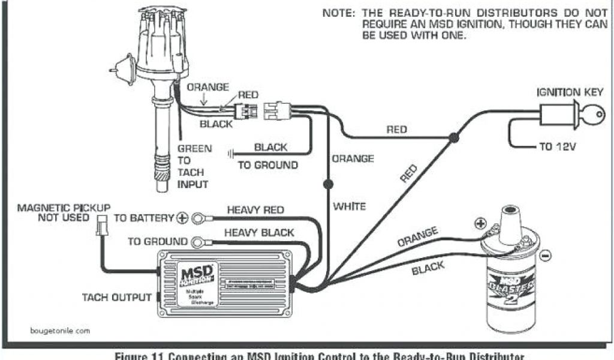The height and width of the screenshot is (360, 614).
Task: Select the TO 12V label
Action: pos(556,147)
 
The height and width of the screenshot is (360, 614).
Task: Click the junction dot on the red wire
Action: pos(454,139)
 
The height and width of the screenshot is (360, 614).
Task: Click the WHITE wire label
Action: pos(350,206)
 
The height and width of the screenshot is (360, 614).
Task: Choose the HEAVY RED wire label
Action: pos(255,210)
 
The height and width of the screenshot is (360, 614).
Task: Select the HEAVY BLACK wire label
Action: pos(259,232)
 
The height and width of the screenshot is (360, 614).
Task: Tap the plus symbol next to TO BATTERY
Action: pos(182,218)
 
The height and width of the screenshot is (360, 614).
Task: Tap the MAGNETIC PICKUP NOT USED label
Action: pos(55,212)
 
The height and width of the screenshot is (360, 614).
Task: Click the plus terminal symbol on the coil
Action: pos(480,224)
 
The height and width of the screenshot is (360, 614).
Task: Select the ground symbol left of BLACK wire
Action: pos(231,153)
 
